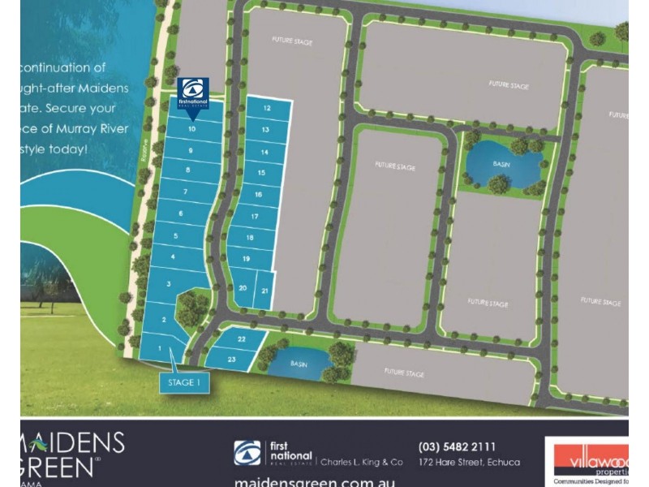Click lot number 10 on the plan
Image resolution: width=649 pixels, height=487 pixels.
(x=191, y=129)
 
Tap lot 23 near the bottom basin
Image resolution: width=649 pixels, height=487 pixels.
(x=231, y=358)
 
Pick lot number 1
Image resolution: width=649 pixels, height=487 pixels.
(x=160, y=349)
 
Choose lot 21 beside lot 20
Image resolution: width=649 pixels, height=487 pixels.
(x=265, y=290)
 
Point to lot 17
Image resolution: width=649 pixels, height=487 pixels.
(x=255, y=217)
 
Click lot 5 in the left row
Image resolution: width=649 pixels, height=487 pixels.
(x=175, y=235)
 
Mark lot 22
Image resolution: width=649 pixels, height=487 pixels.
(x=242, y=338)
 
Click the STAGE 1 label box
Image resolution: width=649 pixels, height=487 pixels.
(x=184, y=381)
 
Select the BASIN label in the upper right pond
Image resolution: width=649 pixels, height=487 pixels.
(x=501, y=162)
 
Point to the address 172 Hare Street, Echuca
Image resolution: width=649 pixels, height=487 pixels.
(x=470, y=463)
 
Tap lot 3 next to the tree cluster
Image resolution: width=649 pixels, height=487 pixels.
(x=168, y=284)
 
